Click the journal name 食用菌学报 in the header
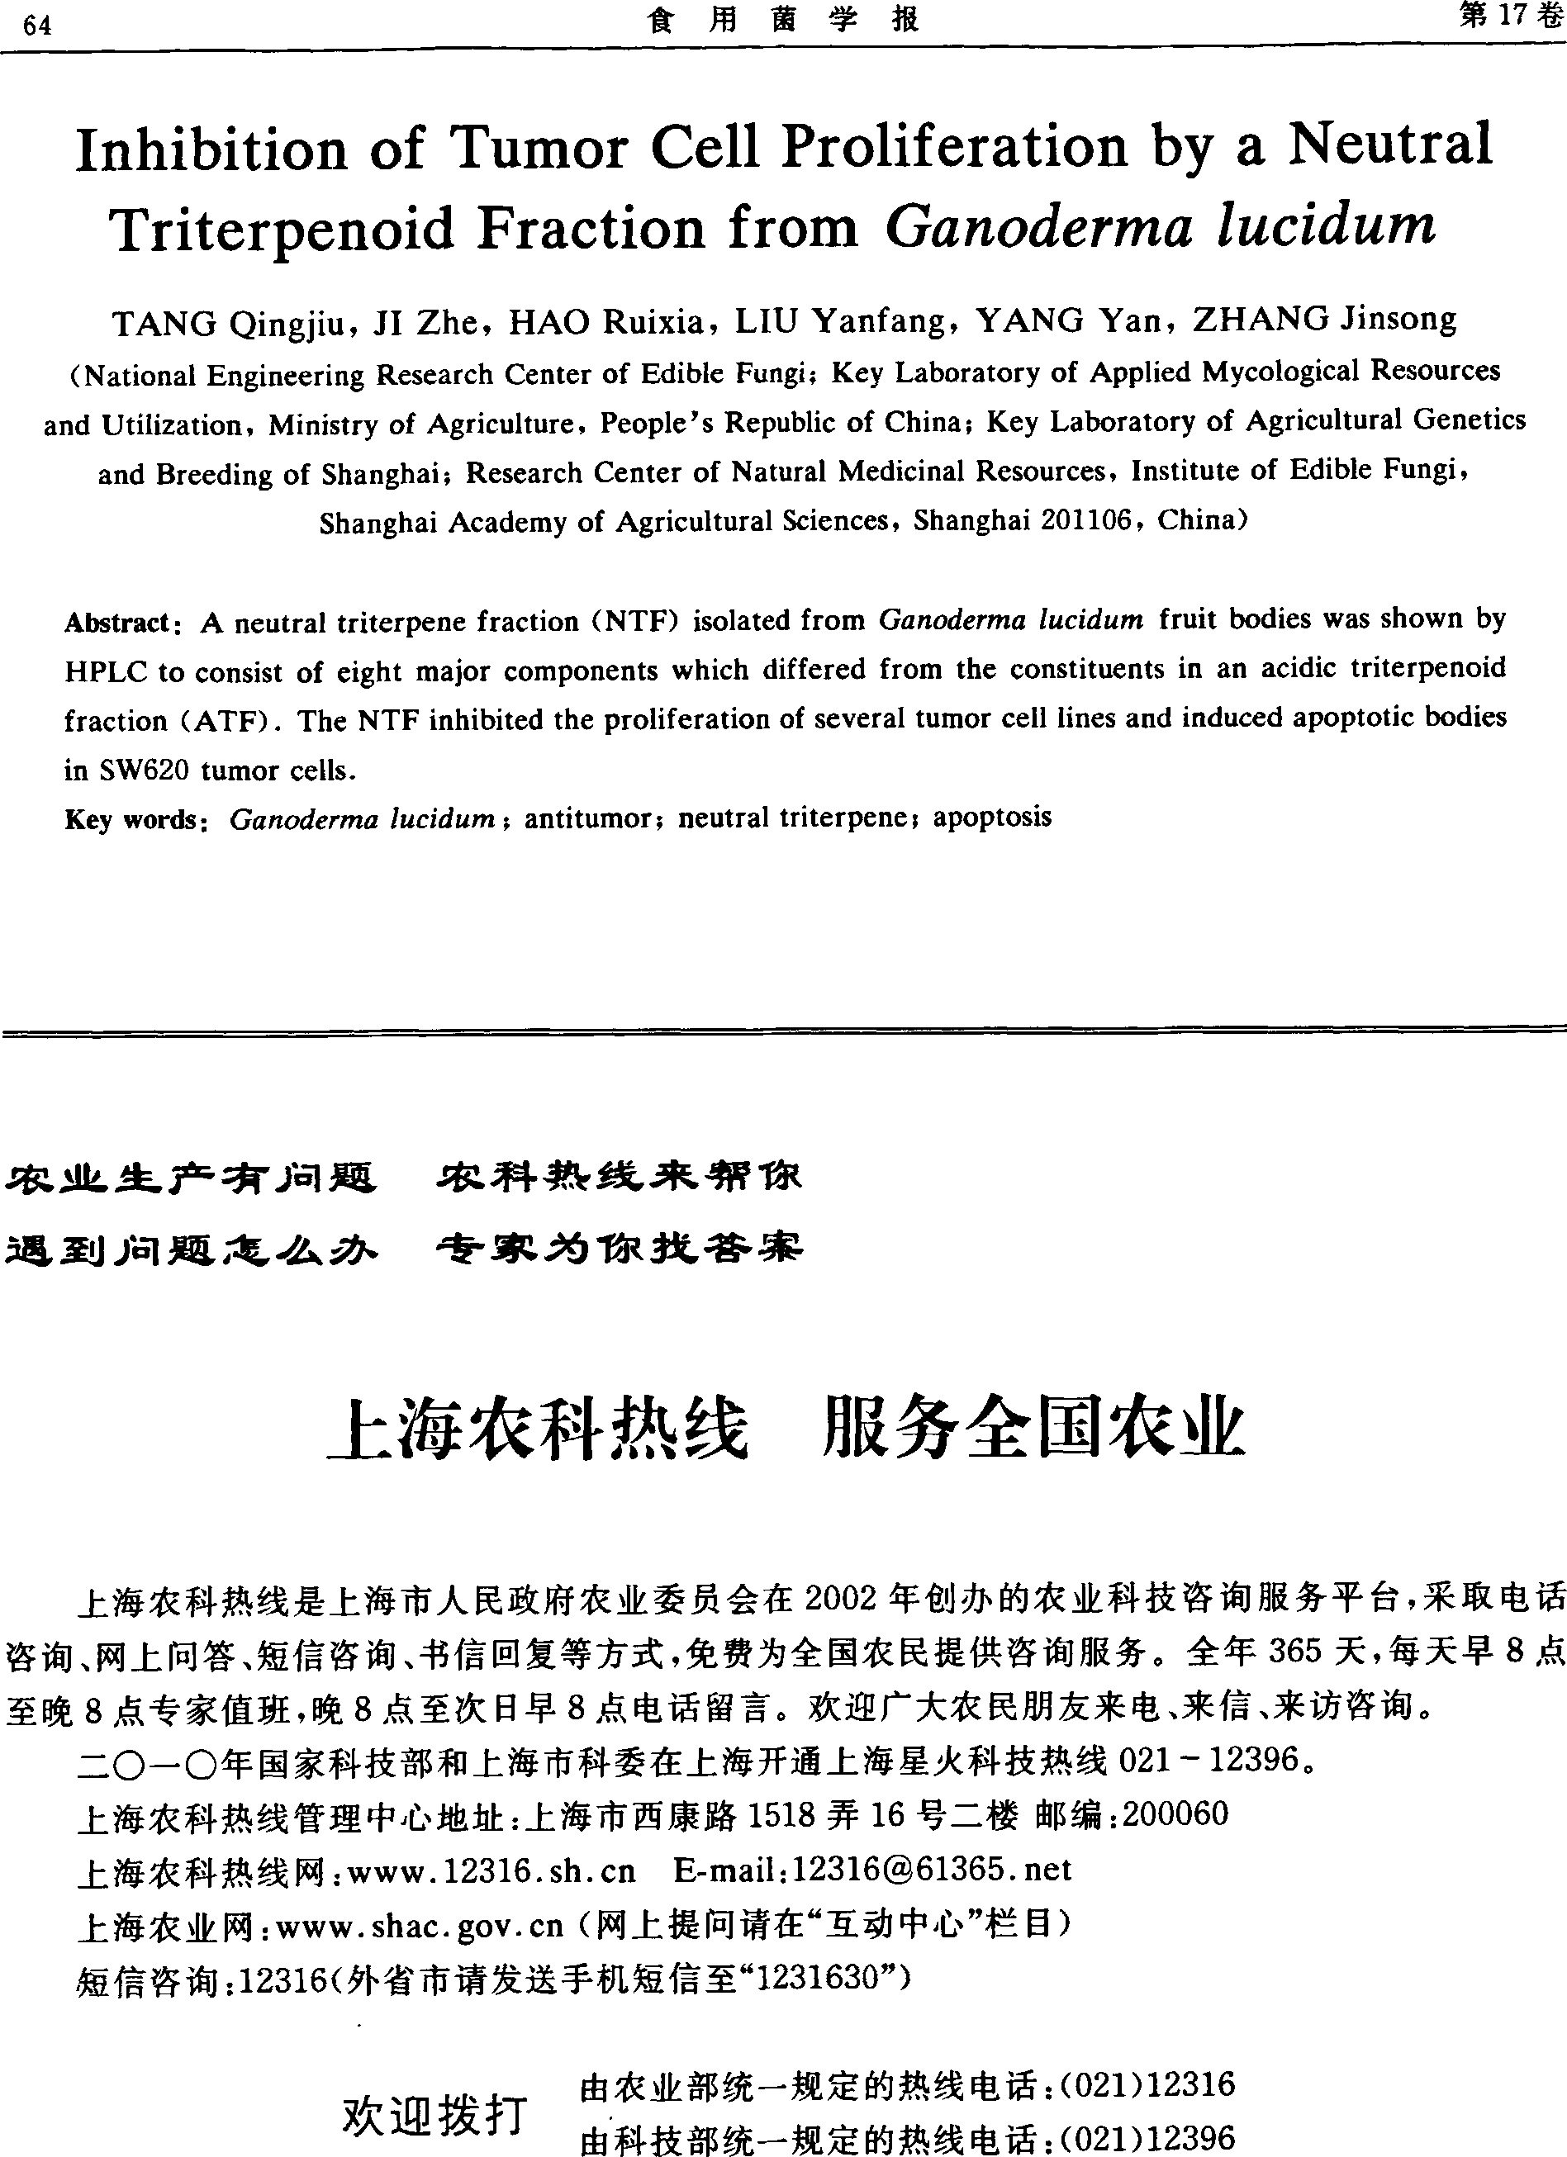click(783, 20)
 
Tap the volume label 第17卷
click(1510, 17)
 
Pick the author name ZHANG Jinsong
click(1324, 319)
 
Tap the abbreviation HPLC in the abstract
click(105, 672)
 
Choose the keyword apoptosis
click(992, 817)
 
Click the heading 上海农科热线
click(538, 1429)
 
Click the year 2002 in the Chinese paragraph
click(840, 1599)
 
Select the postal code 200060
click(1176, 1813)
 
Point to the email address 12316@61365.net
click(932, 1869)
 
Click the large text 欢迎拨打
click(434, 2115)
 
